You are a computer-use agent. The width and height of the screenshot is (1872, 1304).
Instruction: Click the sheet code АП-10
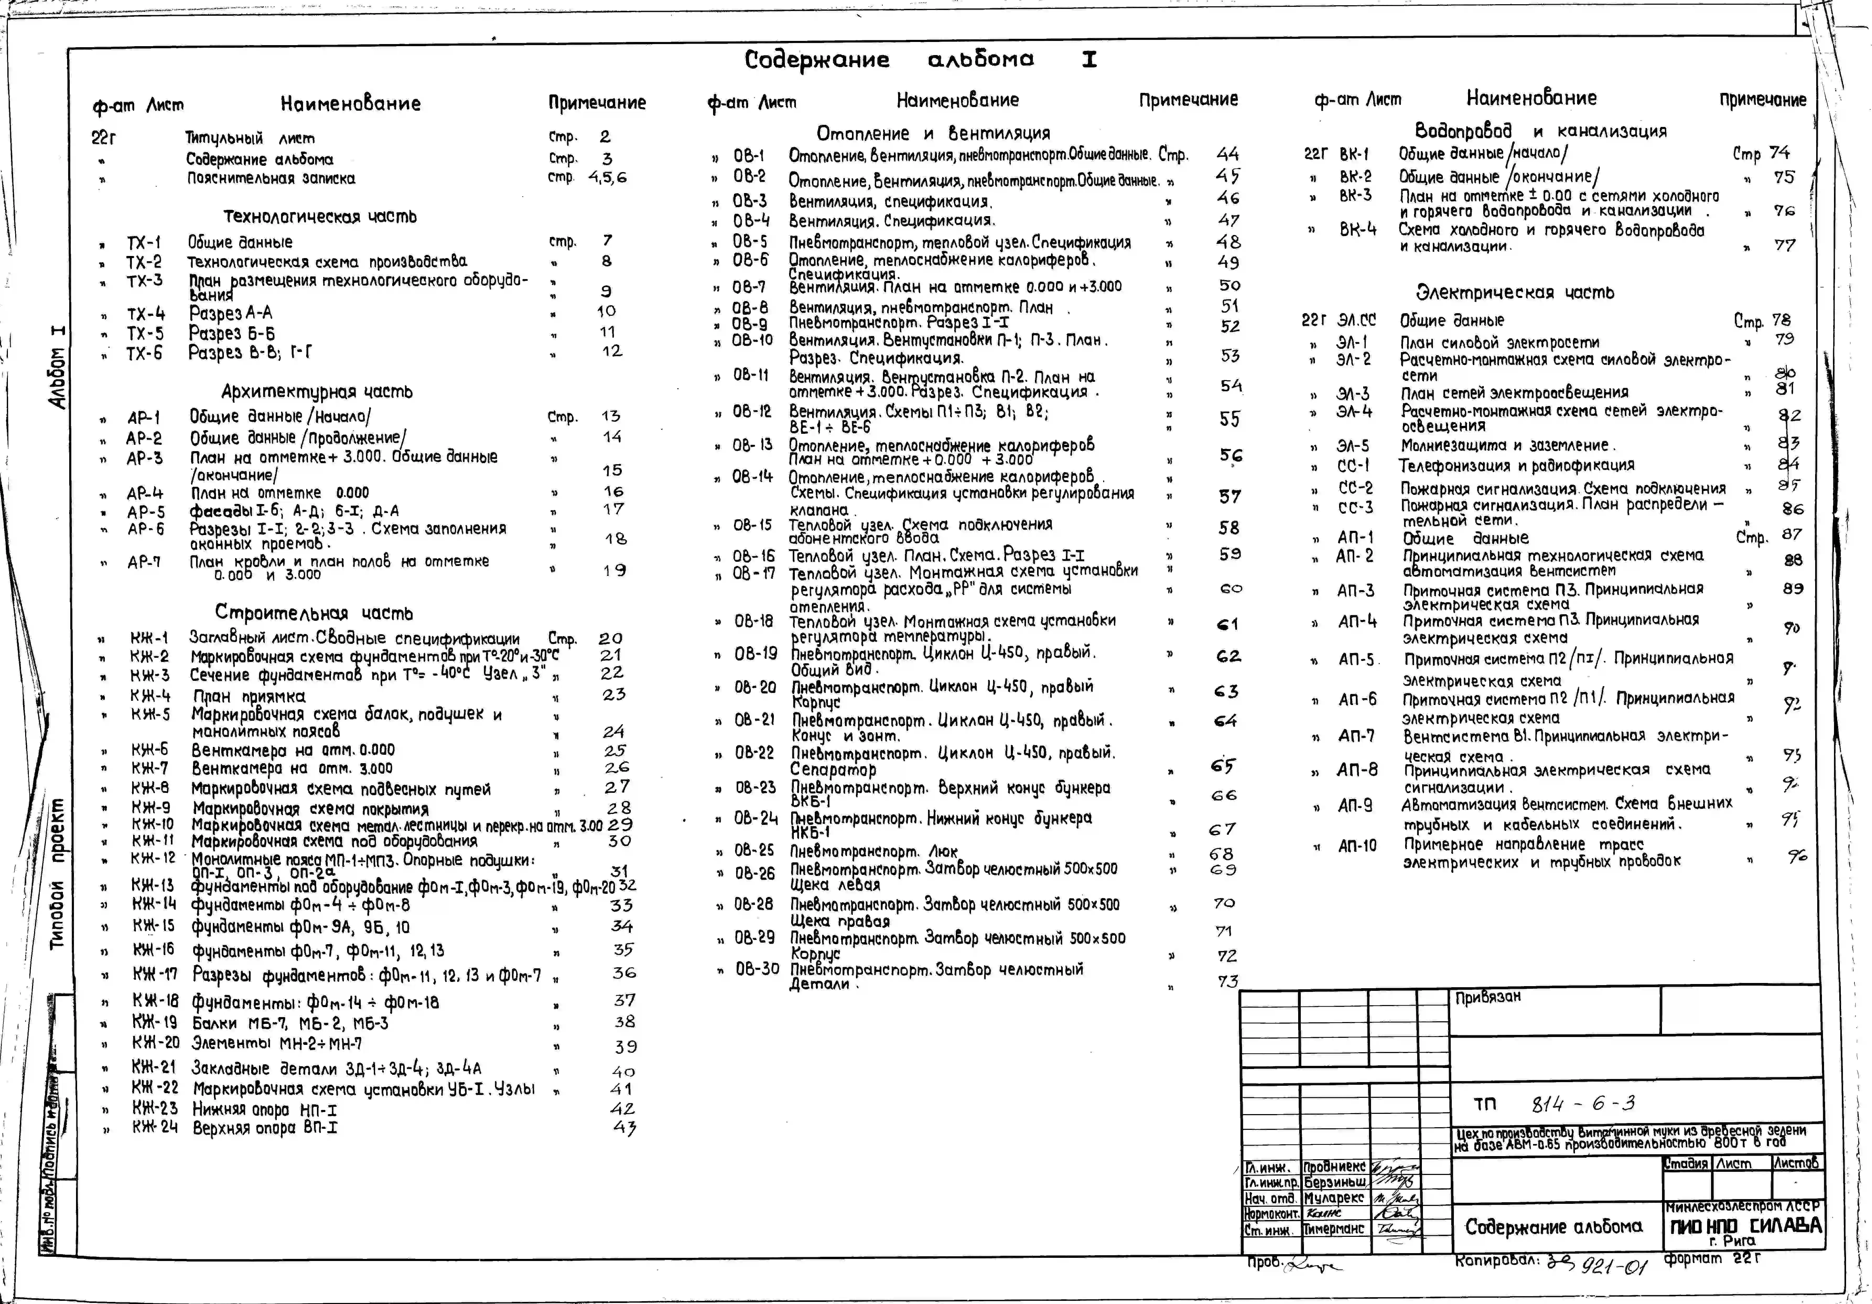click(1357, 846)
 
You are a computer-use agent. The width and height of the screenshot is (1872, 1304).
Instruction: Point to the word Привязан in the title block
click(1488, 997)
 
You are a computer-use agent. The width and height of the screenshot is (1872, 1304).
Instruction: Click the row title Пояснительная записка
click(271, 178)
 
